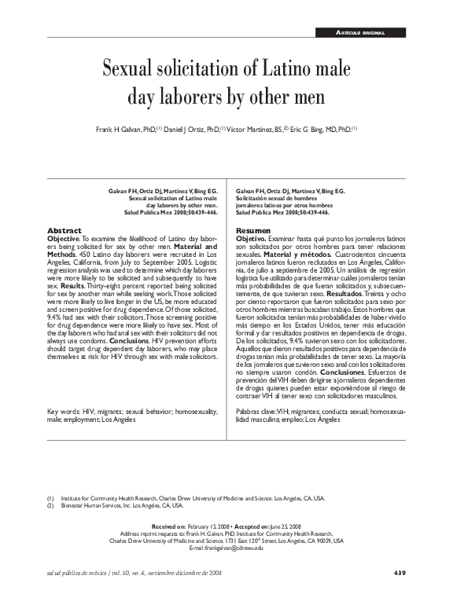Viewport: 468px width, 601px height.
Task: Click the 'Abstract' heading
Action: (x=65, y=229)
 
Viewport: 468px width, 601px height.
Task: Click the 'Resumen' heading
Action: (x=253, y=229)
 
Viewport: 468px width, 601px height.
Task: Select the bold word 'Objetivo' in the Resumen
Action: (x=254, y=236)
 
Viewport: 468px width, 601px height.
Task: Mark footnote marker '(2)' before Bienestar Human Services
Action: (x=50, y=506)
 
